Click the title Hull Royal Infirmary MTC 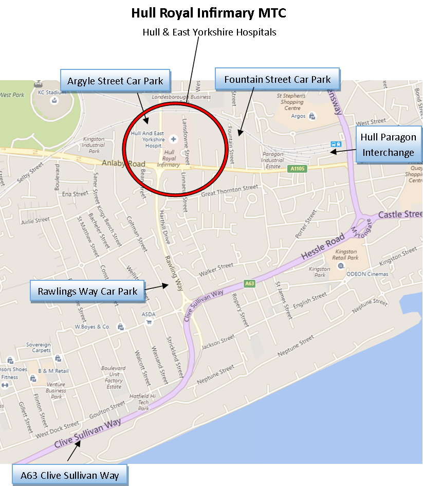[209, 12]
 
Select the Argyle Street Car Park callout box [115, 81]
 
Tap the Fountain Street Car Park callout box [277, 80]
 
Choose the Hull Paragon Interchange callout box [388, 145]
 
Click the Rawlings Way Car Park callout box [87, 292]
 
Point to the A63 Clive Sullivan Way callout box [70, 475]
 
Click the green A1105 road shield [298, 169]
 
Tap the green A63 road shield [249, 283]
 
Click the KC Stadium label [52, 93]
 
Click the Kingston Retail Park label [346, 255]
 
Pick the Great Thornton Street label [229, 191]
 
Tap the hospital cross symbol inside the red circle [173, 138]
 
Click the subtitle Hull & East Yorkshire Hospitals [209, 32]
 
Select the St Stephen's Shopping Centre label [291, 102]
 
